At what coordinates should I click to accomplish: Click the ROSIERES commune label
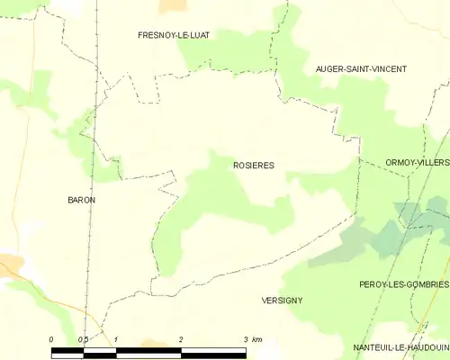254,166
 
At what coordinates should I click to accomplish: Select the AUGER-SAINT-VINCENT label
360,69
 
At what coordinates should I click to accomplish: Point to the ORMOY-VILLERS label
417,162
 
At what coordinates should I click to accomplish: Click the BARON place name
81,200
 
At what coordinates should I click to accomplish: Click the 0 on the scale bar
51,339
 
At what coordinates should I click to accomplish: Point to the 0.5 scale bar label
83,339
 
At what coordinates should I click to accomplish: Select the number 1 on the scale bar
116,339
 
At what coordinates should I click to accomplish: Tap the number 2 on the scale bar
181,339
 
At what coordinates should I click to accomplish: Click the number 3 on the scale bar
245,339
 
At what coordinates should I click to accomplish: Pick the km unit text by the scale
257,339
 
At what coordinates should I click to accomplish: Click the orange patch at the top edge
172,4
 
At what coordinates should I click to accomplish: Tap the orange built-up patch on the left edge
9,265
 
